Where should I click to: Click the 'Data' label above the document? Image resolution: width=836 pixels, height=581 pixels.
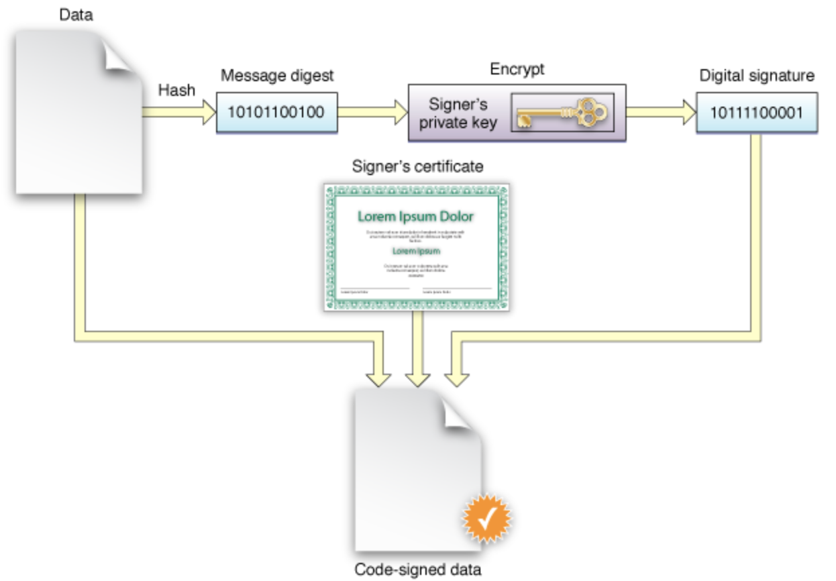[x=76, y=14]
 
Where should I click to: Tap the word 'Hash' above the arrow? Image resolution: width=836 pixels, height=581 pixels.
[x=176, y=91]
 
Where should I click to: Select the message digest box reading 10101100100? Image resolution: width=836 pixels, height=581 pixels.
[x=276, y=112]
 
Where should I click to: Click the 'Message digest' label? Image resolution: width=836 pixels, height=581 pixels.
[x=277, y=76]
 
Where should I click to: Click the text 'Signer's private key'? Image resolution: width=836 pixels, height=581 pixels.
[x=458, y=113]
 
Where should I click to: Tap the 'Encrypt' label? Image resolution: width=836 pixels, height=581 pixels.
[x=517, y=69]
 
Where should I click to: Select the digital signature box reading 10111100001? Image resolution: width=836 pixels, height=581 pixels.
[x=757, y=112]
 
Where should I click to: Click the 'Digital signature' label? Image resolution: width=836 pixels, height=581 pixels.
[x=757, y=76]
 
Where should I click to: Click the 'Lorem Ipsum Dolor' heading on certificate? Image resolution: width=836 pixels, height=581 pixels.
[x=415, y=217]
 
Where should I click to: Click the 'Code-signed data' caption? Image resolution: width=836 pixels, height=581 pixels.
[x=417, y=570]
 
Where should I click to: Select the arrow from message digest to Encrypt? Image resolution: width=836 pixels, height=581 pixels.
[x=372, y=112]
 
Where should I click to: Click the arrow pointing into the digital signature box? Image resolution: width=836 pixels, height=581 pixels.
[x=661, y=112]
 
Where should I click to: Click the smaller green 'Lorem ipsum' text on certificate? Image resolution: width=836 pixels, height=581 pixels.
[x=416, y=252]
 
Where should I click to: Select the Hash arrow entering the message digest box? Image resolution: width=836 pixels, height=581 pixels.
[x=178, y=112]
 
